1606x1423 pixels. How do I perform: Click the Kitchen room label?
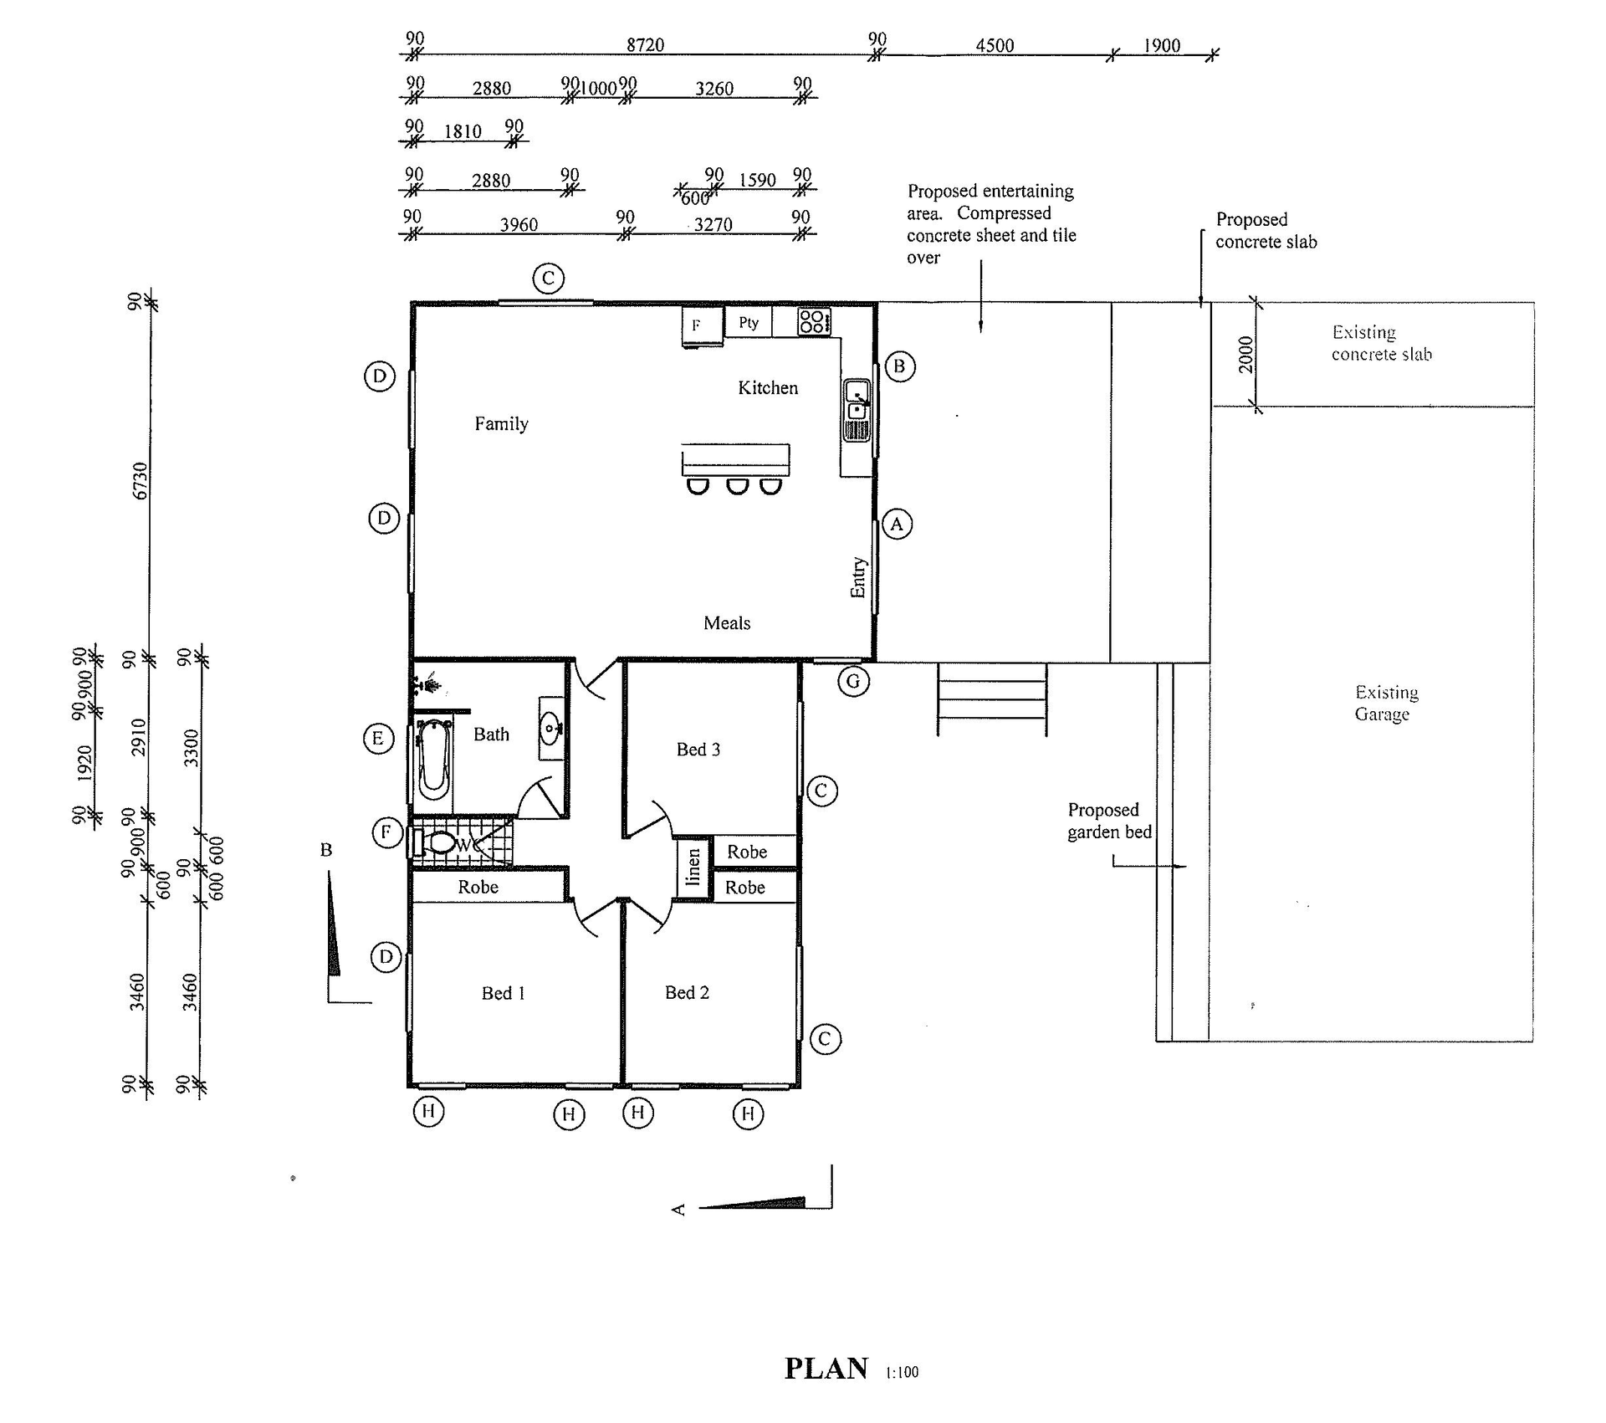pos(767,387)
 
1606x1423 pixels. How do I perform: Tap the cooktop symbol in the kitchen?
pos(813,321)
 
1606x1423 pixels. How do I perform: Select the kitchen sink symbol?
pos(857,402)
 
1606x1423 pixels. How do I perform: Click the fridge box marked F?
pos(701,325)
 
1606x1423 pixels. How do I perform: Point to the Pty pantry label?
pos(748,322)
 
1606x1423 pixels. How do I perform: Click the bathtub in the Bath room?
pos(434,758)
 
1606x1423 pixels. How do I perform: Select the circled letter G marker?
pos(852,681)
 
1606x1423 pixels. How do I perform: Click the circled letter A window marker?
pos(897,524)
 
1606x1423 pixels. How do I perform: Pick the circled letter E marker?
pos(378,738)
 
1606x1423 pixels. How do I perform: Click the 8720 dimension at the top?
pos(645,44)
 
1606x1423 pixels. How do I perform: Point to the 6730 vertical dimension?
pos(141,481)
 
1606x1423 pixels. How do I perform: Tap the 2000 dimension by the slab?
pos(1245,355)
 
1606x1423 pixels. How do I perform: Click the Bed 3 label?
pos(698,750)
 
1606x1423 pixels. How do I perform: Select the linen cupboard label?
pos(693,868)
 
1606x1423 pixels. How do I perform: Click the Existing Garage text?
pos(1385,703)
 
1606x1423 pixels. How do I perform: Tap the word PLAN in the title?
pos(826,1369)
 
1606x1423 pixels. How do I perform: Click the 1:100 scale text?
pos(902,1372)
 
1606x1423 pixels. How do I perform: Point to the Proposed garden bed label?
pos(1108,821)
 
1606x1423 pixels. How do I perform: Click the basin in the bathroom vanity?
pos(550,728)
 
